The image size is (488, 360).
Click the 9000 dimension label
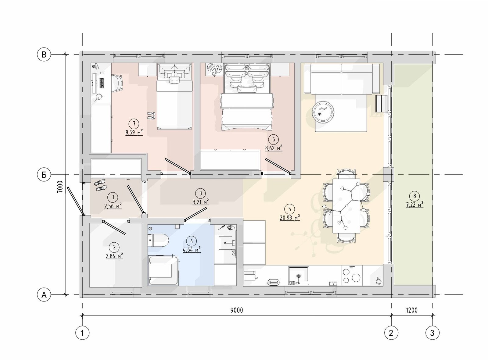point(237,310)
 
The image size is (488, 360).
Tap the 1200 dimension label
point(412,310)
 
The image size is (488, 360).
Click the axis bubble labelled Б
point(44,175)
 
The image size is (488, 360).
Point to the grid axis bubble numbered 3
point(432,333)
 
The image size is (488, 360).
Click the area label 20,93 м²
point(290,218)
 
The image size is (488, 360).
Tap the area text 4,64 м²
point(192,250)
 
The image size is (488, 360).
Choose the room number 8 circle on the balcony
point(415,196)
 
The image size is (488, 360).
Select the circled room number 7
point(134,124)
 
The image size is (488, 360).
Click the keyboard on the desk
point(102,83)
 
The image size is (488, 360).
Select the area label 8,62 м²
point(274,148)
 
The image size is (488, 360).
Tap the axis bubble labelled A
point(44,295)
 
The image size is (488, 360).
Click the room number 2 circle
point(114,248)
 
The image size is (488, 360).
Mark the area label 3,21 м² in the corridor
point(201,202)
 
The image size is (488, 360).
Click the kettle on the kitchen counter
point(378,281)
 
